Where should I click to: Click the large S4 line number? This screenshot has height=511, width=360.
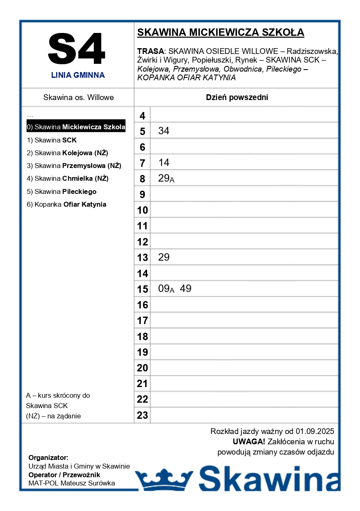(x=77, y=49)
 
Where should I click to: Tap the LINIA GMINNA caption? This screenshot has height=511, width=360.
(x=78, y=75)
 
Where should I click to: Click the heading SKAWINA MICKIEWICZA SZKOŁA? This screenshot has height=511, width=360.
(x=220, y=33)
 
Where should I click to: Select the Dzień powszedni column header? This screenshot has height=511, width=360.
(x=237, y=98)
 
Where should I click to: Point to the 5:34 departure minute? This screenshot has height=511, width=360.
(x=164, y=131)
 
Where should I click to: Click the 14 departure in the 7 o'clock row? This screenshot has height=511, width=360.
(x=164, y=163)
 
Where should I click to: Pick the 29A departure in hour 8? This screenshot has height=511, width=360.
(x=166, y=179)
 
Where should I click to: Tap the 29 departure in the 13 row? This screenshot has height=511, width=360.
(x=164, y=257)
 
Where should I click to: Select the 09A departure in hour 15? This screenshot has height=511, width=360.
(x=166, y=289)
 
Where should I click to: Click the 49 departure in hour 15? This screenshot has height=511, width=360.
(x=186, y=289)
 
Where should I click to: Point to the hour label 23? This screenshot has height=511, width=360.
(x=142, y=415)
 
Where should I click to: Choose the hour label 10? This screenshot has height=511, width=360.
(x=142, y=210)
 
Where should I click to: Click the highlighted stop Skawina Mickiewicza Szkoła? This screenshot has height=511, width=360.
(x=76, y=127)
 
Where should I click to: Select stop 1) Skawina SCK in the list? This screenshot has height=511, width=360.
(x=52, y=140)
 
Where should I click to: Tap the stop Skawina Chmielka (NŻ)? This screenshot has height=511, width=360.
(x=68, y=178)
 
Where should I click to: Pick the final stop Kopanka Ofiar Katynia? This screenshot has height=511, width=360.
(x=66, y=204)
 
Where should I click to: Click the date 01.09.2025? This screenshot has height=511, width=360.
(x=315, y=432)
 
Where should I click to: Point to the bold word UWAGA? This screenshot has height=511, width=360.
(x=249, y=442)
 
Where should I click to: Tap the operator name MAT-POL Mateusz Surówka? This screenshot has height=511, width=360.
(x=72, y=483)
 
